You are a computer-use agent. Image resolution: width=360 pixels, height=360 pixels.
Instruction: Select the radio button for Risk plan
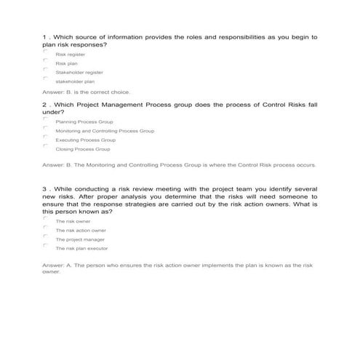click(45, 61)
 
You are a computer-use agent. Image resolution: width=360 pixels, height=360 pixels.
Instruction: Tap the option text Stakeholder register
click(79, 72)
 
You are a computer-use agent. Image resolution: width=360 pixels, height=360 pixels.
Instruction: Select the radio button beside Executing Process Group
click(45, 137)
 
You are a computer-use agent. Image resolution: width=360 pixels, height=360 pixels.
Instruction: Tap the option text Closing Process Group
click(83, 149)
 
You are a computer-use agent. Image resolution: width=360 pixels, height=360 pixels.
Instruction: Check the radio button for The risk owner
click(45, 219)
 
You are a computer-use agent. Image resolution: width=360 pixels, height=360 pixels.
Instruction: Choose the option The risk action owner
click(81, 230)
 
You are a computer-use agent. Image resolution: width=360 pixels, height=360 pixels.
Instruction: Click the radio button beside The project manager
click(45, 237)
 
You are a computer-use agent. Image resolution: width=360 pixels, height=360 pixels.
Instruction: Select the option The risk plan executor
click(81, 248)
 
